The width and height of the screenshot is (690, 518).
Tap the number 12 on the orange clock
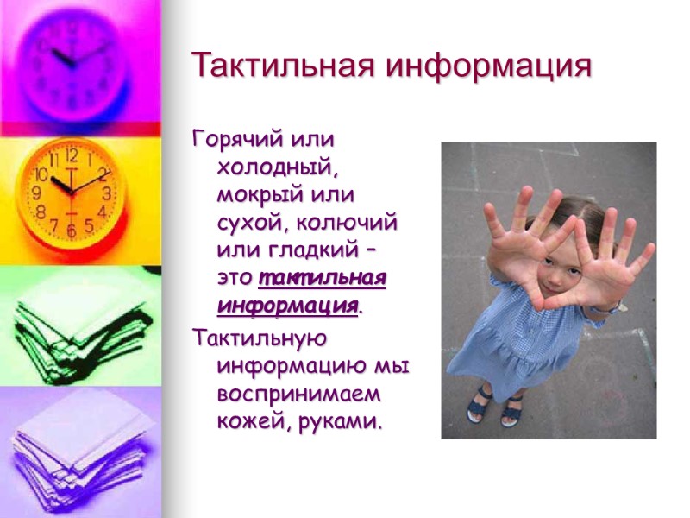72,156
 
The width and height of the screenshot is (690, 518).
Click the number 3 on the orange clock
107,192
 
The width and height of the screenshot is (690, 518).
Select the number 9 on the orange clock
37,194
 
